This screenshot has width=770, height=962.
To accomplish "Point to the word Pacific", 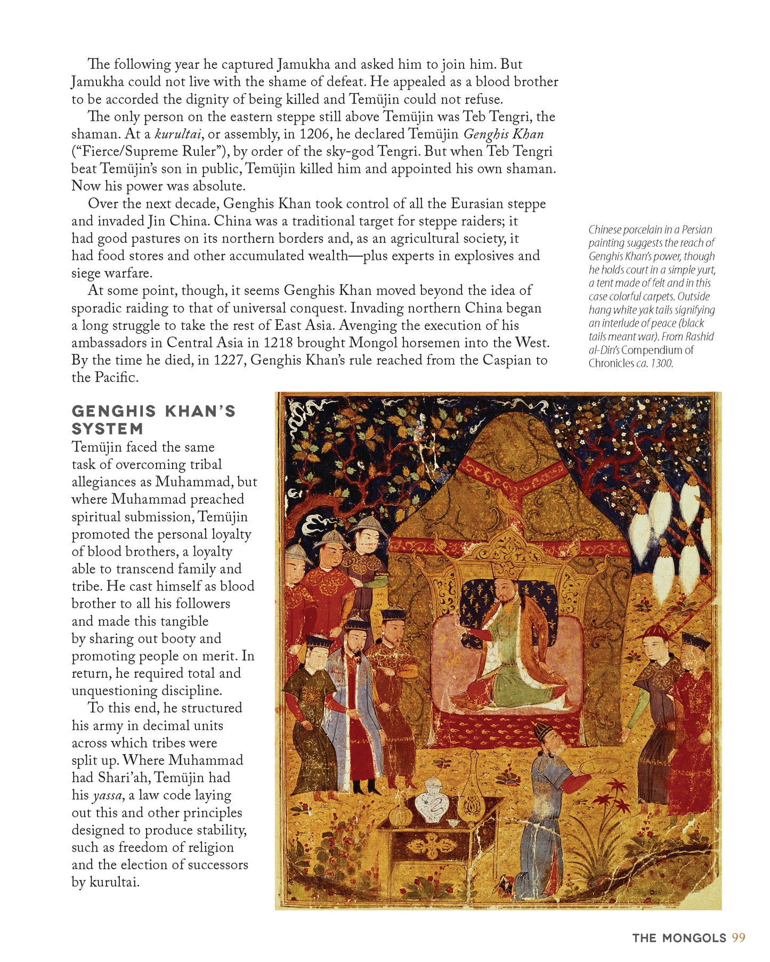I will [x=117, y=378].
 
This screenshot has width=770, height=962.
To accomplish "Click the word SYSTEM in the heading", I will [x=108, y=429].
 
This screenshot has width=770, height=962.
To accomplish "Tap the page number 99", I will [x=738, y=938].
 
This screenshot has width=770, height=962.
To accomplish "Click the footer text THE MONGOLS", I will [x=679, y=939].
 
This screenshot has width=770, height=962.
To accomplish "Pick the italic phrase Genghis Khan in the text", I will [x=504, y=134].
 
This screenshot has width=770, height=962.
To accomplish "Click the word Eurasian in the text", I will [x=476, y=204].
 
